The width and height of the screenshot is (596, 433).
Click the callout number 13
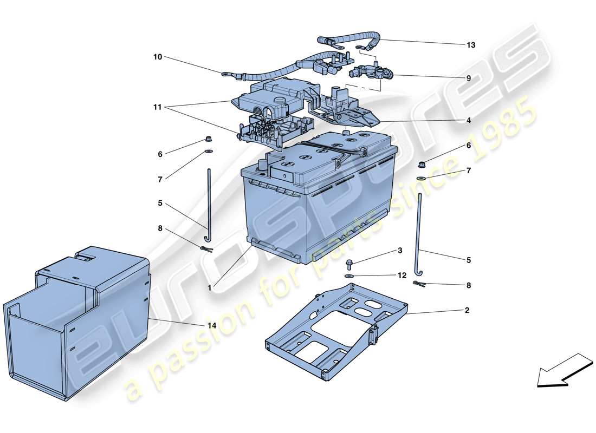pyautogui.click(x=470, y=45)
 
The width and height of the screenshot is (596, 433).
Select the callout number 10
pyautogui.click(x=157, y=56)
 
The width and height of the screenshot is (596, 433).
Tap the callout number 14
pyautogui.click(x=212, y=325)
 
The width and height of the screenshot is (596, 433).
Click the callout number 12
pyautogui.click(x=401, y=275)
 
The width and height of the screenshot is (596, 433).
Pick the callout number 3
pyautogui.click(x=400, y=251)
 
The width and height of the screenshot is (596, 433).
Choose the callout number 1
pyautogui.click(x=209, y=288)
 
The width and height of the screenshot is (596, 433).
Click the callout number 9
pyautogui.click(x=469, y=78)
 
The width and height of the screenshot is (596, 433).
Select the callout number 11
pyautogui.click(x=157, y=108)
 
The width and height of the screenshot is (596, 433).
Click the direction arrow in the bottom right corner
pyautogui.click(x=558, y=371)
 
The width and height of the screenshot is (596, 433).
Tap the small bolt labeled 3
pyautogui.click(x=349, y=264)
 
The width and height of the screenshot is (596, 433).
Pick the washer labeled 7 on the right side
pyautogui.click(x=421, y=178)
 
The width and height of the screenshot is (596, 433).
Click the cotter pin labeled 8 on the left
pyautogui.click(x=206, y=248)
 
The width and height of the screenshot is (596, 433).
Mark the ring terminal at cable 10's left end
pyautogui.click(x=225, y=73)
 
